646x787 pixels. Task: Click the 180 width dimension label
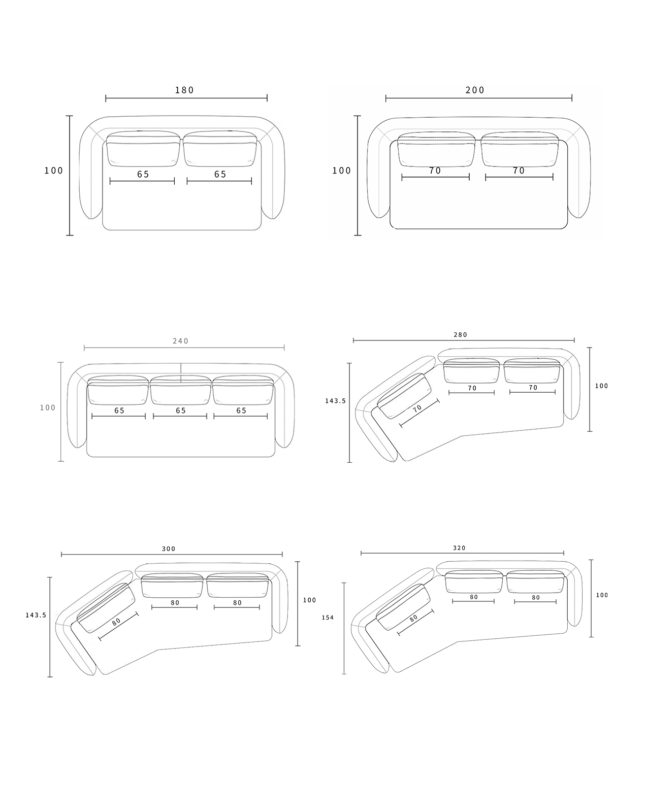coord(184,90)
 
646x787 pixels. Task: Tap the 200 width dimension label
coord(475,90)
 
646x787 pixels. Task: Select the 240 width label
coord(181,341)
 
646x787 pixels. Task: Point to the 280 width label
coord(461,335)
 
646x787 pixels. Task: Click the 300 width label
coord(169,549)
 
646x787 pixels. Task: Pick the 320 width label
coord(459,548)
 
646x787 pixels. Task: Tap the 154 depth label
coord(328,618)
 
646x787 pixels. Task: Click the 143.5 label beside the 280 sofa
coord(335,401)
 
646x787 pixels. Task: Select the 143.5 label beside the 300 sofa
coord(36,615)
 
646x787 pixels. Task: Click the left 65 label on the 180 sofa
coord(143,174)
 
